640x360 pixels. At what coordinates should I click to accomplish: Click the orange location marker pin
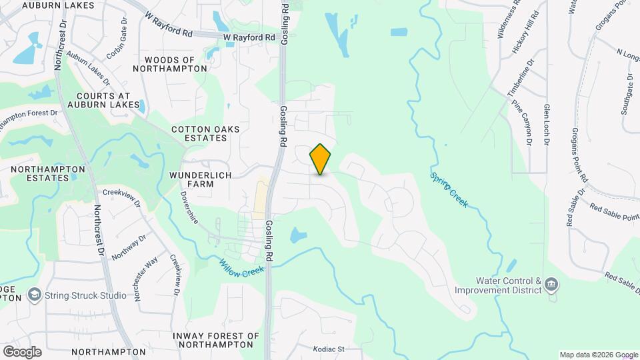click(x=321, y=159)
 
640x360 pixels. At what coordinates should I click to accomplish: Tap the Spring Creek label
click(x=449, y=189)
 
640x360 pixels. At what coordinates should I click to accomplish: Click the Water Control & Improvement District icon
click(x=551, y=285)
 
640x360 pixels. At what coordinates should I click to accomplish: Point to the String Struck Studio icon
click(x=33, y=295)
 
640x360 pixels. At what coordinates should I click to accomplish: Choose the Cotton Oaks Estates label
click(x=205, y=133)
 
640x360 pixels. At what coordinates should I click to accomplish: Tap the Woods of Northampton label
click(x=164, y=64)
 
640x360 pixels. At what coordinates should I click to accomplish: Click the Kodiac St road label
click(x=329, y=349)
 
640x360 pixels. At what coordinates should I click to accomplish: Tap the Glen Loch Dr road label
click(x=547, y=125)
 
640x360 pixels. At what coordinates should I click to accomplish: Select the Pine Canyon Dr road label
click(x=521, y=123)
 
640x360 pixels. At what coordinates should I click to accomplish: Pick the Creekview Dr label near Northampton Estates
click(x=121, y=192)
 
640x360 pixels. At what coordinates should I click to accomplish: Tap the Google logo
click(x=22, y=351)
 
